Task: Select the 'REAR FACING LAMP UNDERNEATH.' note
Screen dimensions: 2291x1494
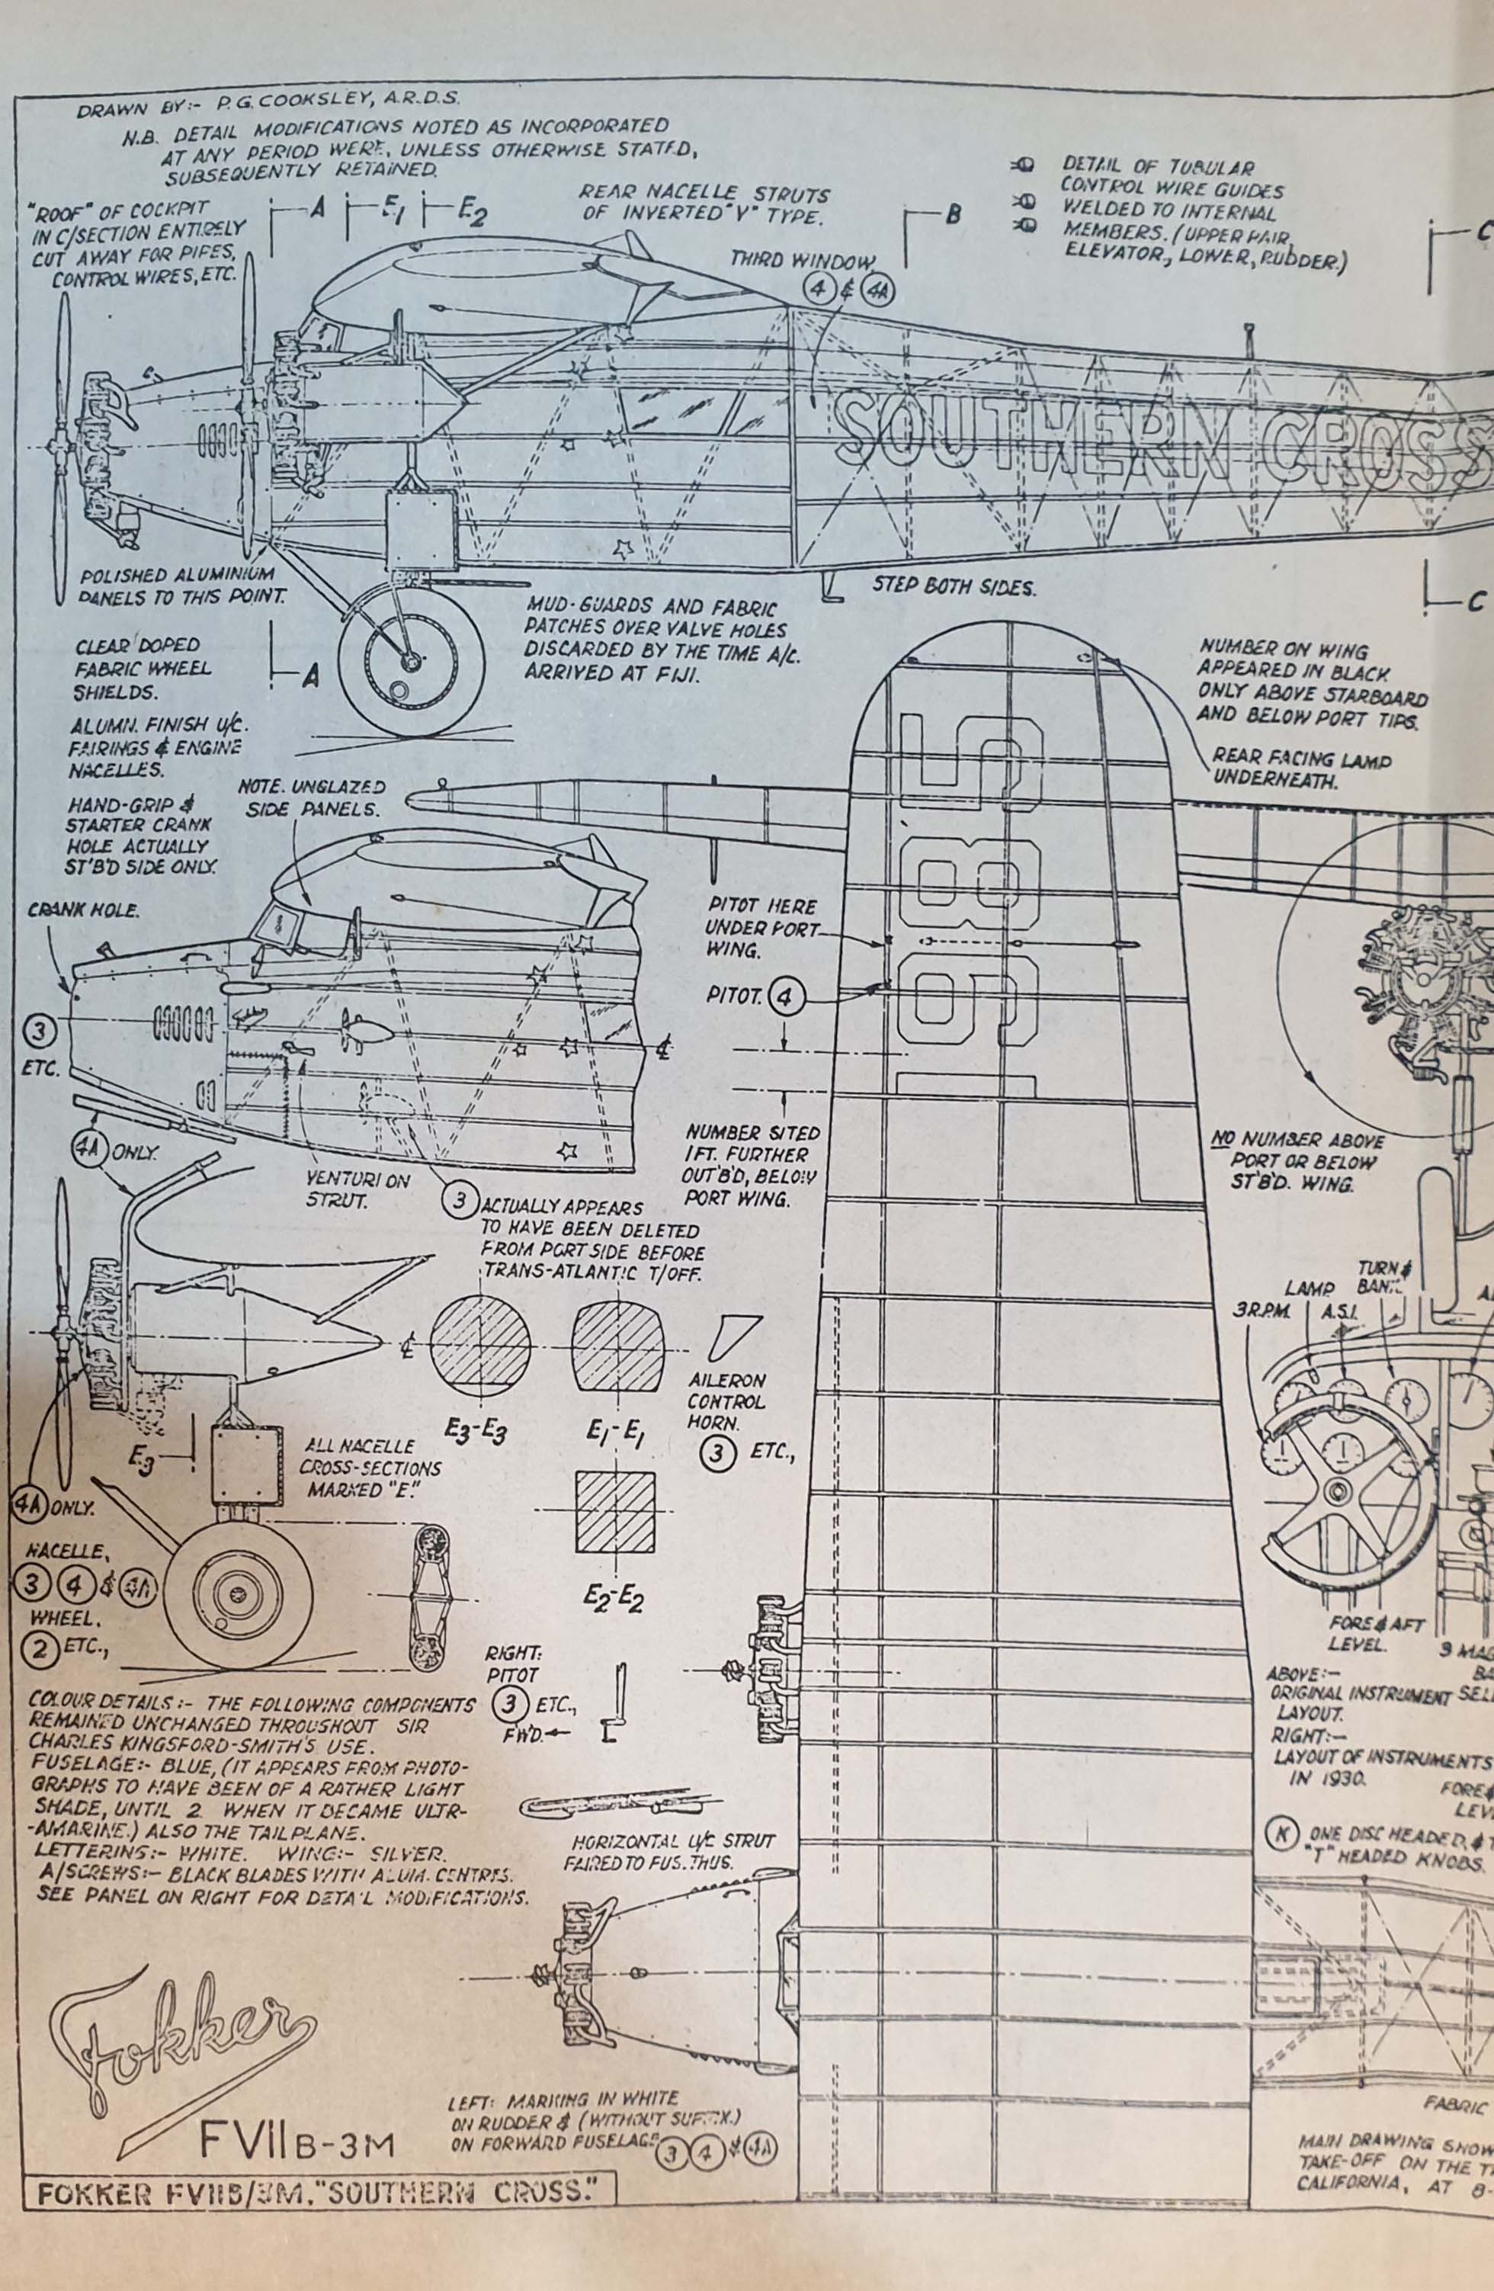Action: pos(1300,769)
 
